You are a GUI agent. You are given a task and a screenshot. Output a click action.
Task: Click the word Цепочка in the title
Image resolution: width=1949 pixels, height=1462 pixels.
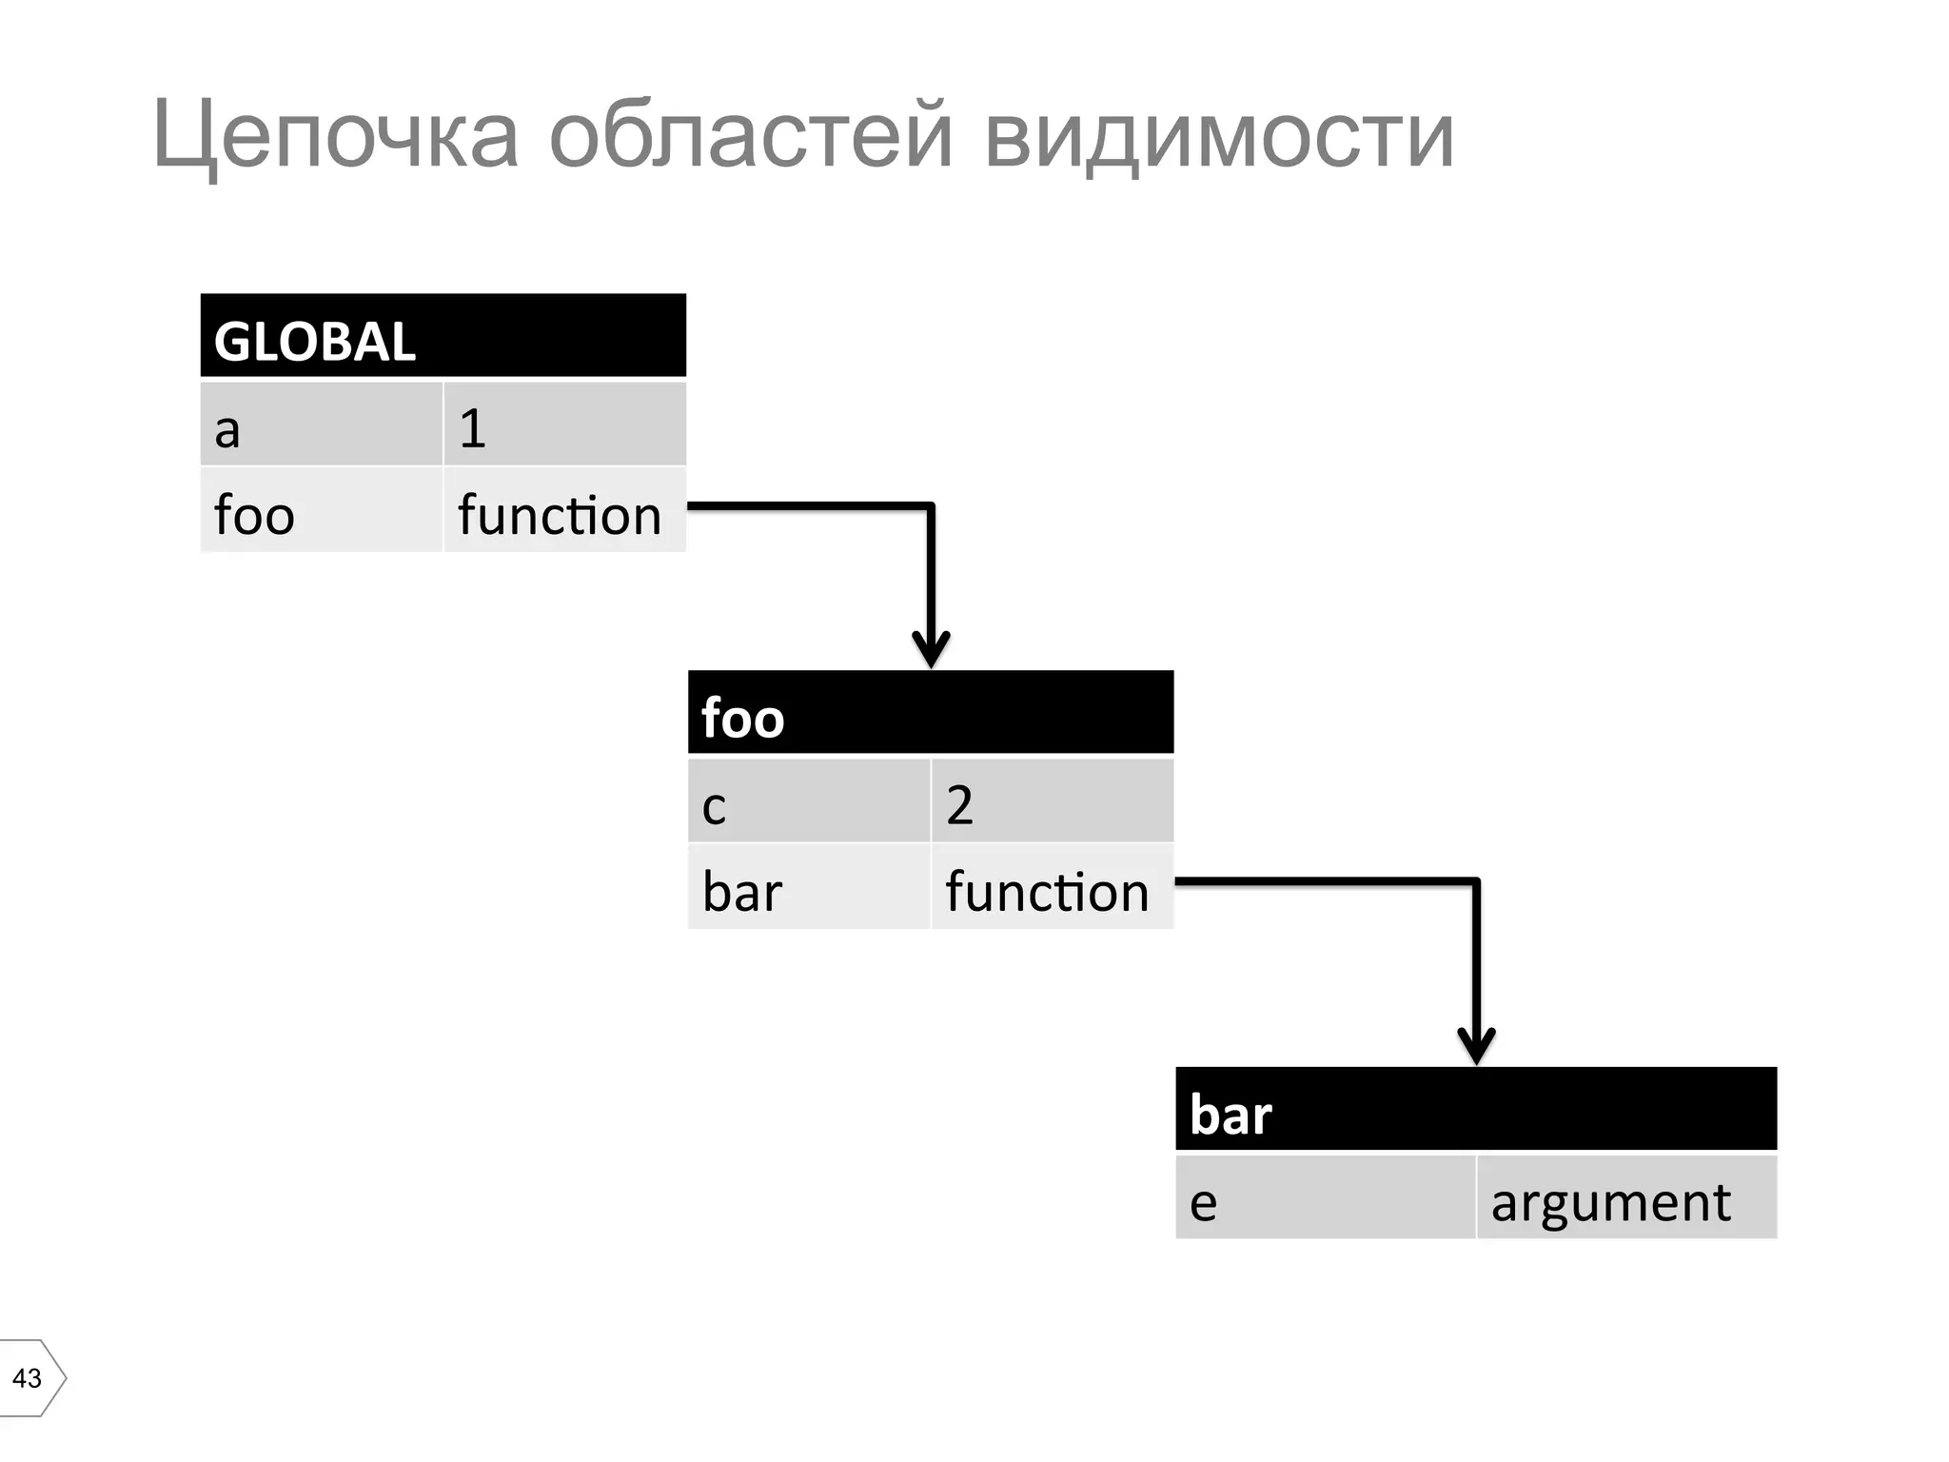click(335, 135)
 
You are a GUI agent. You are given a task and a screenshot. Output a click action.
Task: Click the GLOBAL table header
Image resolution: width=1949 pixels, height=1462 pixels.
click(443, 336)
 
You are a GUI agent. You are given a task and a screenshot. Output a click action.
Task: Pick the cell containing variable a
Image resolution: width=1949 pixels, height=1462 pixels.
click(321, 425)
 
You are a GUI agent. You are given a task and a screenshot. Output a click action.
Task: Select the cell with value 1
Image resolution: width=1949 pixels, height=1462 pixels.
click(564, 425)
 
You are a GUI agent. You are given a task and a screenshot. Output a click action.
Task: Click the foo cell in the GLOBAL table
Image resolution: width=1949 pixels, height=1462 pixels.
click(321, 510)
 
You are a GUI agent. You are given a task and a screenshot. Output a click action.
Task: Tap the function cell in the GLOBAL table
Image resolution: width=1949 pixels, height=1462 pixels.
click(564, 510)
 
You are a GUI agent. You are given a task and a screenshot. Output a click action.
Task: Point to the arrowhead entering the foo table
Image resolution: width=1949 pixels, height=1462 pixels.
click(931, 651)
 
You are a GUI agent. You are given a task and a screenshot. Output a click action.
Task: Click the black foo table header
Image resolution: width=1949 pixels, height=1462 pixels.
click(930, 713)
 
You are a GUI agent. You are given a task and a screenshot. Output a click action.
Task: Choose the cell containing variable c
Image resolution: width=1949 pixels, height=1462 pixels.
click(808, 801)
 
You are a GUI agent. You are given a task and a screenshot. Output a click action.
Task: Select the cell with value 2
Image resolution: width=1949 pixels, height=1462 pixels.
click(1052, 801)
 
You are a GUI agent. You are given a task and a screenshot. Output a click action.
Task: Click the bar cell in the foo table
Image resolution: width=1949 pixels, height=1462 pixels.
click(808, 887)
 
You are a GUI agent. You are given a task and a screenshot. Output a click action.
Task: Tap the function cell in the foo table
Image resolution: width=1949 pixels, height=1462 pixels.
click(1052, 887)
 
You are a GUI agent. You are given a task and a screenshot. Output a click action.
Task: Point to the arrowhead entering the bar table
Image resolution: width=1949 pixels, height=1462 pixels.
click(1476, 1047)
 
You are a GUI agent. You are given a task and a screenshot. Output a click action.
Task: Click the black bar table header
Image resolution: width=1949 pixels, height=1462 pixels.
click(1476, 1110)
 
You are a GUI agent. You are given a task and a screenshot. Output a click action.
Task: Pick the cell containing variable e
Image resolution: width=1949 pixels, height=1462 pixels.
click(1325, 1197)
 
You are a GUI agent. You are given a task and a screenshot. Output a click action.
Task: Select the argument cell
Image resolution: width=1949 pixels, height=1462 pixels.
click(1626, 1197)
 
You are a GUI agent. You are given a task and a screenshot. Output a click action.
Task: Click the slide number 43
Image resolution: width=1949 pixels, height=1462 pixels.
click(27, 1377)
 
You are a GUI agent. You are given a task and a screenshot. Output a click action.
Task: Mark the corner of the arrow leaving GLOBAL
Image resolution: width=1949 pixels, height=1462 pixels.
click(931, 505)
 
